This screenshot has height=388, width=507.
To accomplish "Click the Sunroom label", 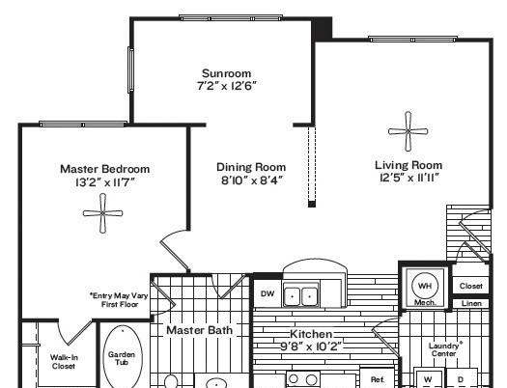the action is tap(226, 73).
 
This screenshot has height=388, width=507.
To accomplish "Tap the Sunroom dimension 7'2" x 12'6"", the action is tap(227, 86).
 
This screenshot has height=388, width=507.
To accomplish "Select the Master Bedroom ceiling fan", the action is tap(102, 213).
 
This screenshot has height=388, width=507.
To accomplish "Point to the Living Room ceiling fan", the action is tap(408, 131).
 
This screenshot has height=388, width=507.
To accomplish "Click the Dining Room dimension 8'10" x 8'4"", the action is tap(252, 180).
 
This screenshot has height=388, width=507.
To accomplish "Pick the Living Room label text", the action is tap(408, 165).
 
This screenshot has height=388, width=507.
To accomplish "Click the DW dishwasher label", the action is tap(268, 293).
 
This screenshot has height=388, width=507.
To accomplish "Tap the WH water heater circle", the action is tap(425, 286).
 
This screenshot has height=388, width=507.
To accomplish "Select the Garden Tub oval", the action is tap(123, 357).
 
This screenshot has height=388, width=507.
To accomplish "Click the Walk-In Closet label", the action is tap(64, 362).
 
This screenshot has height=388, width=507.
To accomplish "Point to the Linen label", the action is tap(471, 304).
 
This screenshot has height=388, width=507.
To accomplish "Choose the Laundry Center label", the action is tap(444, 349).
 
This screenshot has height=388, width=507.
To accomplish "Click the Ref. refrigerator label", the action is tap(378, 379).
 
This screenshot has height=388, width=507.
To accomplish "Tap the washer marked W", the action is tap(428, 378).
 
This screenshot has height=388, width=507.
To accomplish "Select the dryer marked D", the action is tap(461, 378).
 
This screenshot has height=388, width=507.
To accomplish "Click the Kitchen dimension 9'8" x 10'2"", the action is tap(310, 346).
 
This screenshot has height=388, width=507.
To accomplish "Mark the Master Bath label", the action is tap(199, 330).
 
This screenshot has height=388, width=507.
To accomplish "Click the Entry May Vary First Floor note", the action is tap(119, 300).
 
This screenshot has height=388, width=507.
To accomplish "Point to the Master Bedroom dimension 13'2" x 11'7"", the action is tap(104, 182).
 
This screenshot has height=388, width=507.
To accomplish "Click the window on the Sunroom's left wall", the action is tap(130, 69).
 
